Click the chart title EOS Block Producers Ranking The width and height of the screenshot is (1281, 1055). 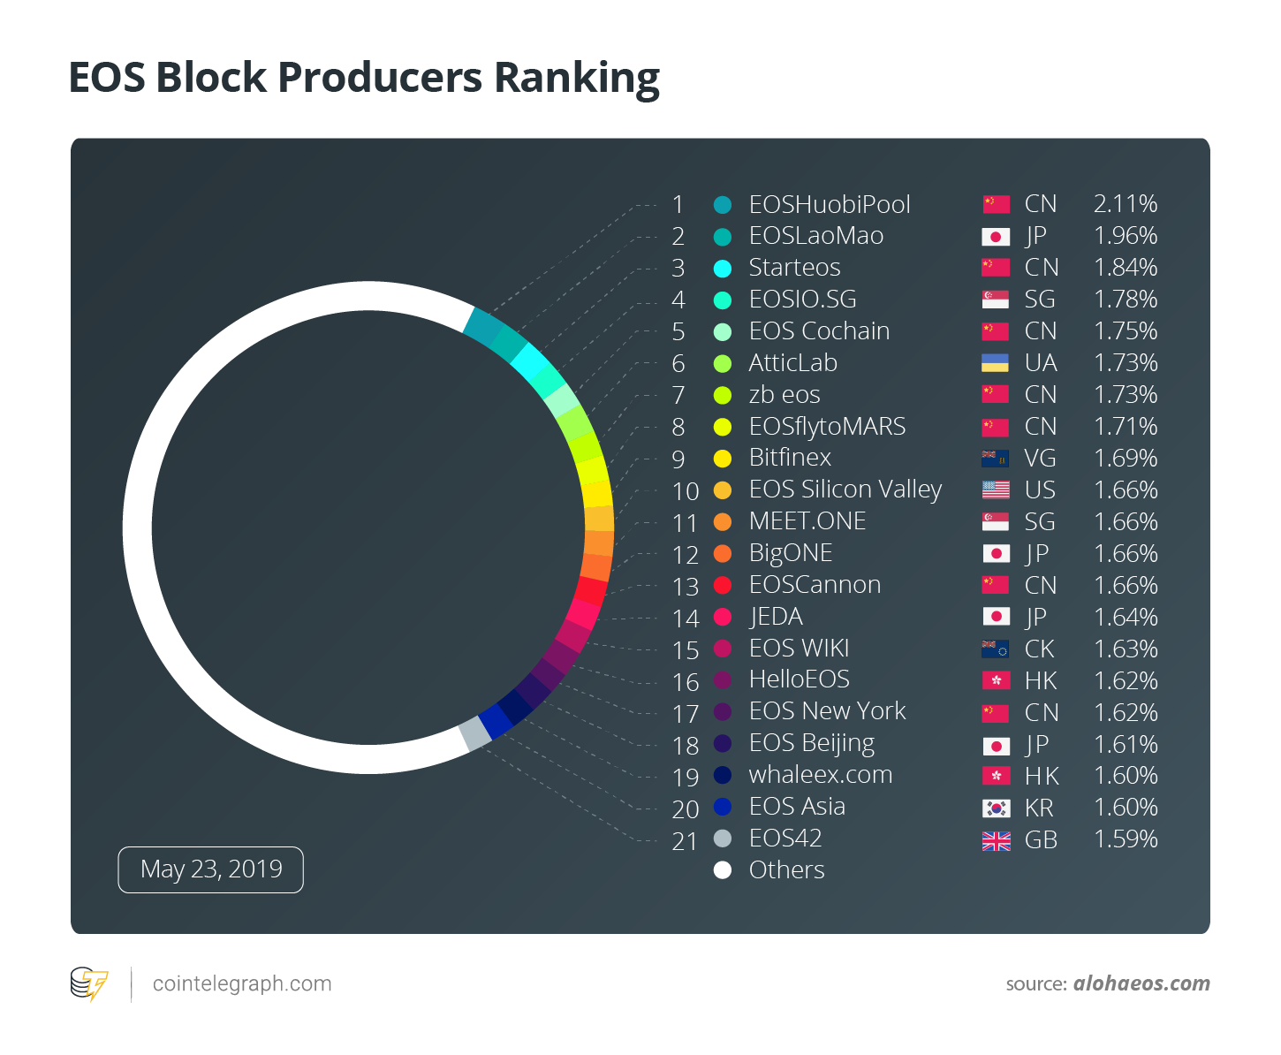tap(364, 78)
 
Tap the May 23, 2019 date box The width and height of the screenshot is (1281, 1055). tap(211, 869)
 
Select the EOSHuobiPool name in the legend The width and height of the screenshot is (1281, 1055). tap(829, 204)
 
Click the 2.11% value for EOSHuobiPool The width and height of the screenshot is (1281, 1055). tap(1125, 204)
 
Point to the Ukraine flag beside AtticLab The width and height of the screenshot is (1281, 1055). tap(996, 363)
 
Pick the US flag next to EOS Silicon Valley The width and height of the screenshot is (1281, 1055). tap(996, 490)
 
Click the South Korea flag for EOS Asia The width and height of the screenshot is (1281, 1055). tap(996, 808)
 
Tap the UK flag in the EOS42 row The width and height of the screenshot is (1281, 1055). tap(996, 840)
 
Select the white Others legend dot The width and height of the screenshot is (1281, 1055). tap(723, 870)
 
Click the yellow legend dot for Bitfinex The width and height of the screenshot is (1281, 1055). tap(723, 459)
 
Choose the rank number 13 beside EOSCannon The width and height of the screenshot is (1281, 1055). tap(686, 586)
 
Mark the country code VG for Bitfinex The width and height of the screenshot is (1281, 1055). tap(1040, 459)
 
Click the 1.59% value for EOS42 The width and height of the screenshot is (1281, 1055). tap(1125, 839)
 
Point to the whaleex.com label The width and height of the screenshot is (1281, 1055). tap(820, 775)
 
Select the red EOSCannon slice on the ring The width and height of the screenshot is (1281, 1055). tap(591, 589)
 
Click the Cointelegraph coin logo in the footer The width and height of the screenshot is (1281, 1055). tap(89, 983)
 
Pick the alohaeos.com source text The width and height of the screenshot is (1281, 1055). tap(1141, 983)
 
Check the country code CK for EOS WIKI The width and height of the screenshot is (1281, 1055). tap(1039, 649)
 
